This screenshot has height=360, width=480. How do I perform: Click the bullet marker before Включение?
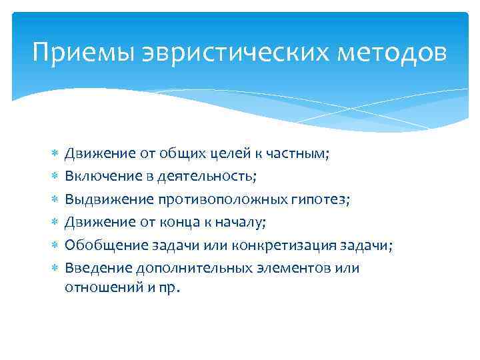coord(55,177)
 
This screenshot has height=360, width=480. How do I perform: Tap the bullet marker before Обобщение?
coord(55,245)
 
